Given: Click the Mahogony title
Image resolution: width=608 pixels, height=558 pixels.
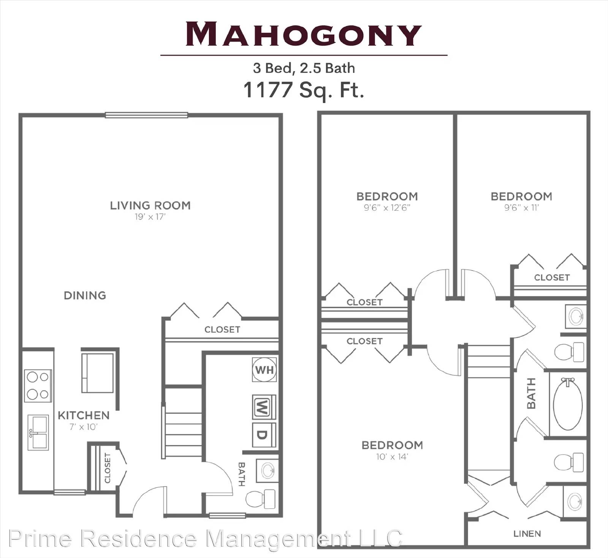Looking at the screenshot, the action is [304, 34].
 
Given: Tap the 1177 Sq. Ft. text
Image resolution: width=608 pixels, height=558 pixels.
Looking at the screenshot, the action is [304, 90].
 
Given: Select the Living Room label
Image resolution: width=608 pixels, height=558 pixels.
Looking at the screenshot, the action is [150, 205].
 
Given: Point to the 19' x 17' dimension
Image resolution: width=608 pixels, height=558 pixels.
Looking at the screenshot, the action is [150, 217].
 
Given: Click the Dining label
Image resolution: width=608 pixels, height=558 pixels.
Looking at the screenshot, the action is [85, 296].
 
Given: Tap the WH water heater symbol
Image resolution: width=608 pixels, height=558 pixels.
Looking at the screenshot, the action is [264, 370].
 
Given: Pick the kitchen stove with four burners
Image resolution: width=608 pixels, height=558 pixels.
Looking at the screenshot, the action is [38, 386].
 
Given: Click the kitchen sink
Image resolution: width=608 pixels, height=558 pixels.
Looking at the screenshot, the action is [38, 432].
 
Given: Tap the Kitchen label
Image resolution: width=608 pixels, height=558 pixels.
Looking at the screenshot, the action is [84, 415].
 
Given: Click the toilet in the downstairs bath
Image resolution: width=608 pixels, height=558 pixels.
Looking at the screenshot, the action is [261, 499].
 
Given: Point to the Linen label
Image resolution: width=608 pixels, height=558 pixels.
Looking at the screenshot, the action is [527, 534].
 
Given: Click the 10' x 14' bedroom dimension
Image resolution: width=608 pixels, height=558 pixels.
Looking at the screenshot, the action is [392, 457].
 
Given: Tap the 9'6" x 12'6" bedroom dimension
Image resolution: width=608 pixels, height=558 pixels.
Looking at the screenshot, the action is [387, 208].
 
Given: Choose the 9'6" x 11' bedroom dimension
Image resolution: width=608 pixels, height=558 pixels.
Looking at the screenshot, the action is [521, 208].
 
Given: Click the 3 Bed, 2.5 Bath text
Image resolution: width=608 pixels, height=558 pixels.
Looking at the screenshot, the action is [304, 68].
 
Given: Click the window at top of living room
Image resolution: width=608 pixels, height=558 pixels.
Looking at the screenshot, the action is [146, 115].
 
